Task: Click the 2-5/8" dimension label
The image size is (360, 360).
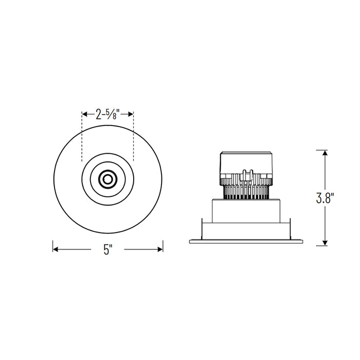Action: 107,114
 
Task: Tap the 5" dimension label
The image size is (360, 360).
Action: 107,249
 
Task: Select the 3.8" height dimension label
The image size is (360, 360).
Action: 325,197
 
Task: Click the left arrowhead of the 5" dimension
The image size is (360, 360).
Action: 56,249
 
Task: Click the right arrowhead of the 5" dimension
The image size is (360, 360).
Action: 160,249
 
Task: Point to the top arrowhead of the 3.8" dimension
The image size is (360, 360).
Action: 325,153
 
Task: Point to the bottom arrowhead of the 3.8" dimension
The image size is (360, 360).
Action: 325,243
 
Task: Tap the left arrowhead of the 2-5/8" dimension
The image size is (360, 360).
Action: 85,114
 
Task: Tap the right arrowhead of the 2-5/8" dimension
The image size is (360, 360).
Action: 131,114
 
